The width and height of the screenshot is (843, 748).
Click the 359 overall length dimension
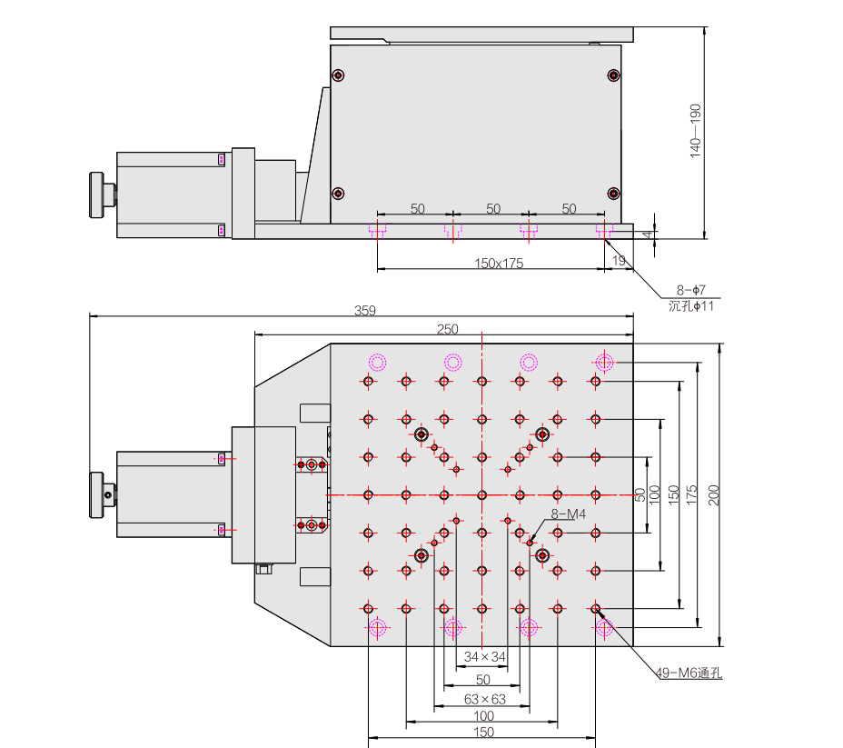[x=363, y=310]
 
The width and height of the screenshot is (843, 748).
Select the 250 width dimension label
[x=448, y=329]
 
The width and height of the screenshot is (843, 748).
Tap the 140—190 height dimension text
[x=696, y=131]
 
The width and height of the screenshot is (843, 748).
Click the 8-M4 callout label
[x=568, y=514]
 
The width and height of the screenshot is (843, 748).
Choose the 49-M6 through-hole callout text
[x=689, y=673]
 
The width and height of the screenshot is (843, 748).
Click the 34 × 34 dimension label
[x=484, y=656]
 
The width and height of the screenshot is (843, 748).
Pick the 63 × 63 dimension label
[x=484, y=699]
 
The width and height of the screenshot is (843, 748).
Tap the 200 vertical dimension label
[x=714, y=494]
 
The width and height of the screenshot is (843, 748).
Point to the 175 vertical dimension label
[x=693, y=494]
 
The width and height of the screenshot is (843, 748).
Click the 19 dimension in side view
[x=619, y=261]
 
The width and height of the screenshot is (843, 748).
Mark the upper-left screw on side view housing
[x=338, y=75]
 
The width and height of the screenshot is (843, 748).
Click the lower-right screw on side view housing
[x=613, y=193]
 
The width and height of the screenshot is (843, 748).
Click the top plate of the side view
[x=481, y=34]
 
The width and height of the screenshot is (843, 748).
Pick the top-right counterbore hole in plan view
[x=604, y=362]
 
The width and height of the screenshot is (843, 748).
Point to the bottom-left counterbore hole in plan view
[x=377, y=626]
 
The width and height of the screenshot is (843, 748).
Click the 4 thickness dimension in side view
[x=646, y=234]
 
